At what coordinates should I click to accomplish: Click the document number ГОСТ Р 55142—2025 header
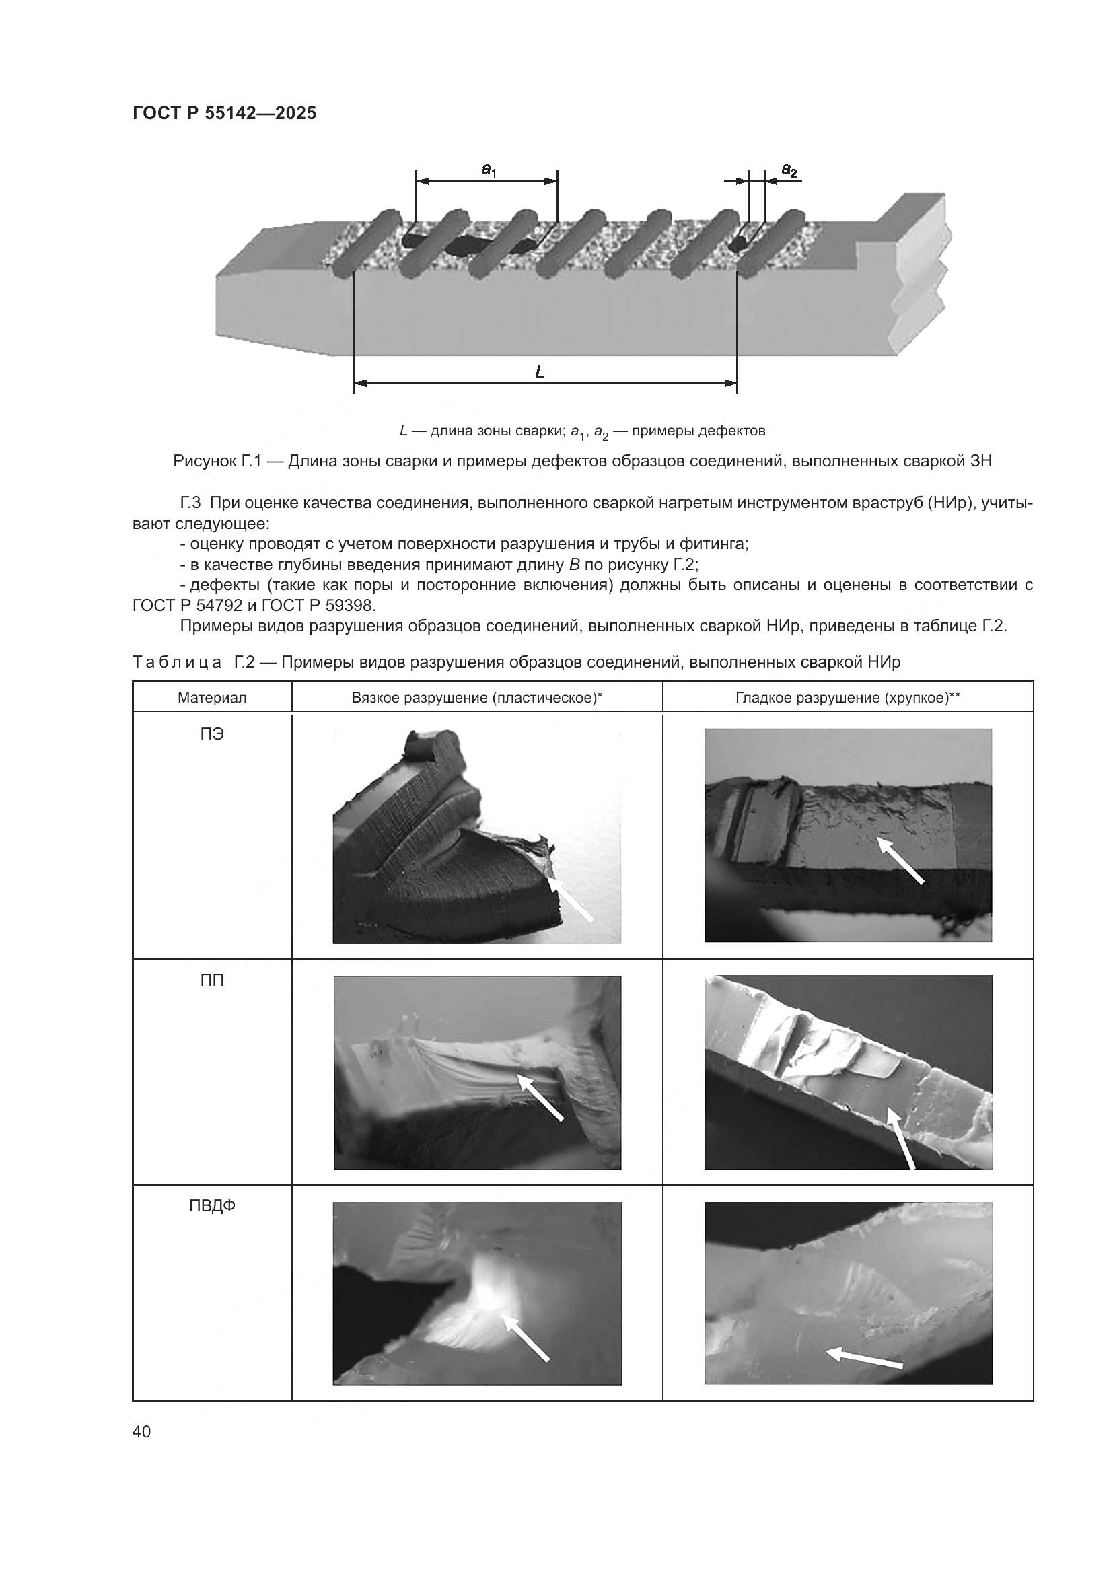click(224, 113)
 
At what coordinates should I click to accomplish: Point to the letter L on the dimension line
click(540, 373)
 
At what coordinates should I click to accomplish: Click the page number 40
click(142, 1431)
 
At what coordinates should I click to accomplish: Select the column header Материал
click(212, 698)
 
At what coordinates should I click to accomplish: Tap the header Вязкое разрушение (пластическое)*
click(476, 698)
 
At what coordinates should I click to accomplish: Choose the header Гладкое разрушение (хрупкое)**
click(848, 698)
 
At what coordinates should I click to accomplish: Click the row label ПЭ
click(212, 734)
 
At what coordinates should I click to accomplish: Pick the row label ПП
click(212, 980)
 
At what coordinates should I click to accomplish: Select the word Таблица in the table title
click(177, 662)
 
